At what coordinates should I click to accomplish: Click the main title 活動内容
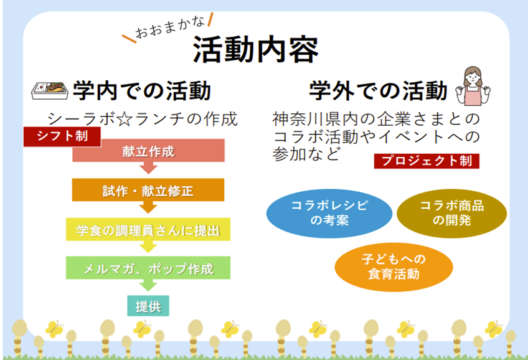tap(255, 50)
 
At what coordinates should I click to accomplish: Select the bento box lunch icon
tap(50, 91)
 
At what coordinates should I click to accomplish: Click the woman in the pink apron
tap(473, 86)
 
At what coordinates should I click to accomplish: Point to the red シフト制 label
tap(62, 136)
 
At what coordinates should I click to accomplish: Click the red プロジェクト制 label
tap(427, 161)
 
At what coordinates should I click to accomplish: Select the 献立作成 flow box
tap(148, 151)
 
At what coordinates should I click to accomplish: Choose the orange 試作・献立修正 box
tap(148, 190)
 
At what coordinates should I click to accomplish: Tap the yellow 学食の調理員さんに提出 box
tap(148, 229)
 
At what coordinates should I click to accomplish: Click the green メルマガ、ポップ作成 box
tap(148, 268)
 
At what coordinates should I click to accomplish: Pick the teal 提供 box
tap(148, 306)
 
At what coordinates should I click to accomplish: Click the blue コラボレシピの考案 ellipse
tap(329, 213)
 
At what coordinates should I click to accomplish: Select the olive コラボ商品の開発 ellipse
tap(451, 213)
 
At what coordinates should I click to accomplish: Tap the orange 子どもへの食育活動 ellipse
tap(394, 267)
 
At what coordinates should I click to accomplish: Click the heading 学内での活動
tap(142, 91)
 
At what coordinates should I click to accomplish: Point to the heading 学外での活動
tap(379, 91)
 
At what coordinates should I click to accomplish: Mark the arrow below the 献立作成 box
tap(148, 168)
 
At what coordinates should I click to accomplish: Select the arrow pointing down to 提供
tap(148, 285)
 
